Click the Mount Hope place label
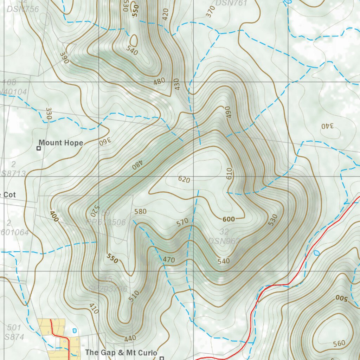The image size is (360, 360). point(61,143)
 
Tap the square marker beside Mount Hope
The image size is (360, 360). point(39,148)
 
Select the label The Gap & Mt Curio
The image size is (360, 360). point(121,352)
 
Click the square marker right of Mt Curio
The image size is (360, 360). point(162,358)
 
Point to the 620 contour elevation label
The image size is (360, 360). point(184,180)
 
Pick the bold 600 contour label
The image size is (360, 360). point(229,219)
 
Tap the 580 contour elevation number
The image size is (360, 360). point(140,212)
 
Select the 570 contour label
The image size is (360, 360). point(183,222)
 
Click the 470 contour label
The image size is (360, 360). point(169,260)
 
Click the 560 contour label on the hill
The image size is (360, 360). point(339,343)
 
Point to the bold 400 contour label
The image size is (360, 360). point(54,216)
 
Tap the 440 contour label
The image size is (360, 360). point(130,339)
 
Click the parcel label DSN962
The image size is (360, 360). point(224,241)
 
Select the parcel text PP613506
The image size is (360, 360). point(106,222)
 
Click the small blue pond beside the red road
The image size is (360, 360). point(317,252)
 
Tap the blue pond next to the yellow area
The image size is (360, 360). point(74,330)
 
